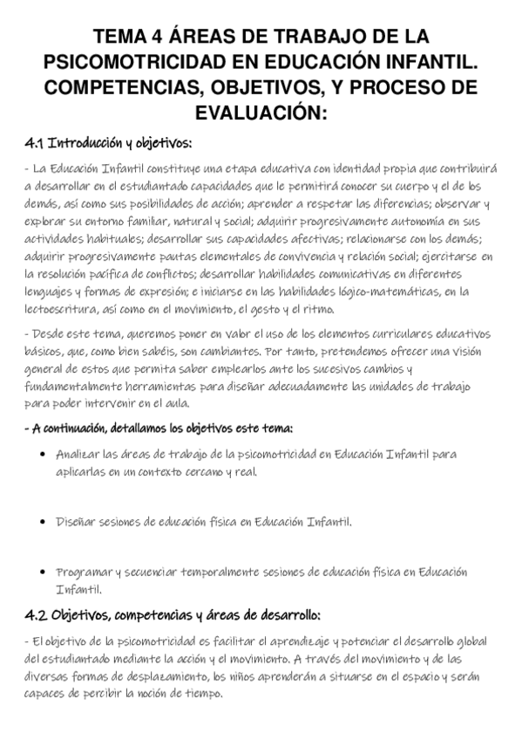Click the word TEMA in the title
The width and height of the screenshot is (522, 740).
(118, 38)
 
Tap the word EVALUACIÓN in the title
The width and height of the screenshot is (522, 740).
(261, 113)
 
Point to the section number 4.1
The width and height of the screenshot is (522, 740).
(34, 142)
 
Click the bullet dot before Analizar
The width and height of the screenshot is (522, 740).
(44, 456)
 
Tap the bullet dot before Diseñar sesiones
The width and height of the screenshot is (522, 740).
(44, 523)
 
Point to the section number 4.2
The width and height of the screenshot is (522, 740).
(35, 614)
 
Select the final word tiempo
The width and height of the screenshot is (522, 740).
(204, 695)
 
